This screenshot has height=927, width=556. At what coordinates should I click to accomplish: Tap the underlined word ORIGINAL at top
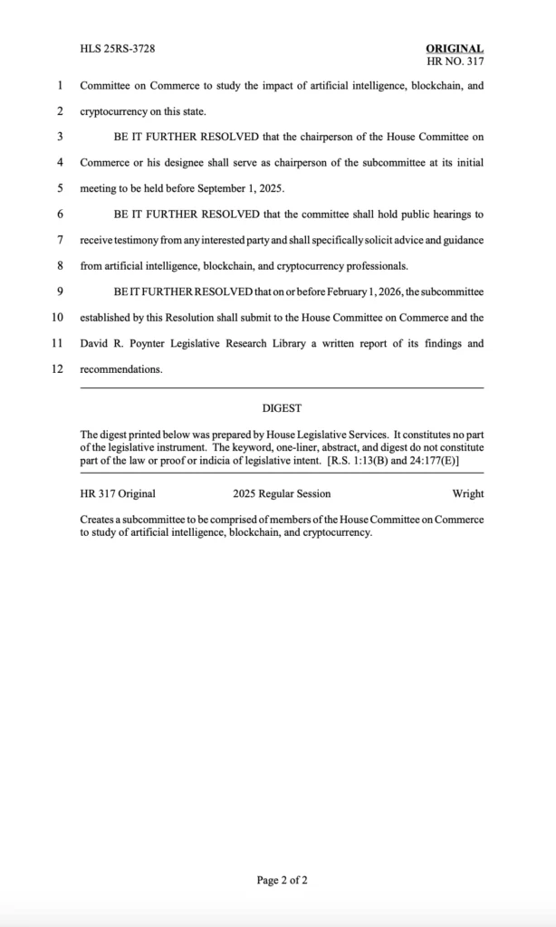[x=455, y=49]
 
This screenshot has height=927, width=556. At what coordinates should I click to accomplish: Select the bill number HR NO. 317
[x=455, y=62]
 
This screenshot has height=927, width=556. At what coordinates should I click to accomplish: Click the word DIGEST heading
[x=282, y=408]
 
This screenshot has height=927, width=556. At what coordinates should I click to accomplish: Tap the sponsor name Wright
[x=467, y=493]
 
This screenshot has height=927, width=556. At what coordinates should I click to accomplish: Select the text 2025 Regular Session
[x=282, y=493]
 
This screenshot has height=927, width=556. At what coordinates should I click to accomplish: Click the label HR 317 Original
[x=118, y=493]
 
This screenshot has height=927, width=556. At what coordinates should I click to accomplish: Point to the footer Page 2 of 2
[x=282, y=879]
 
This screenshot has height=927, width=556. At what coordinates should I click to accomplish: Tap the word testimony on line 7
[x=135, y=240]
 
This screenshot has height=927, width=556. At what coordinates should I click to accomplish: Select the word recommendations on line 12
[x=121, y=369]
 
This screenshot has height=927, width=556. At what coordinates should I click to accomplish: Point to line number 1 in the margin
[x=60, y=86]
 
